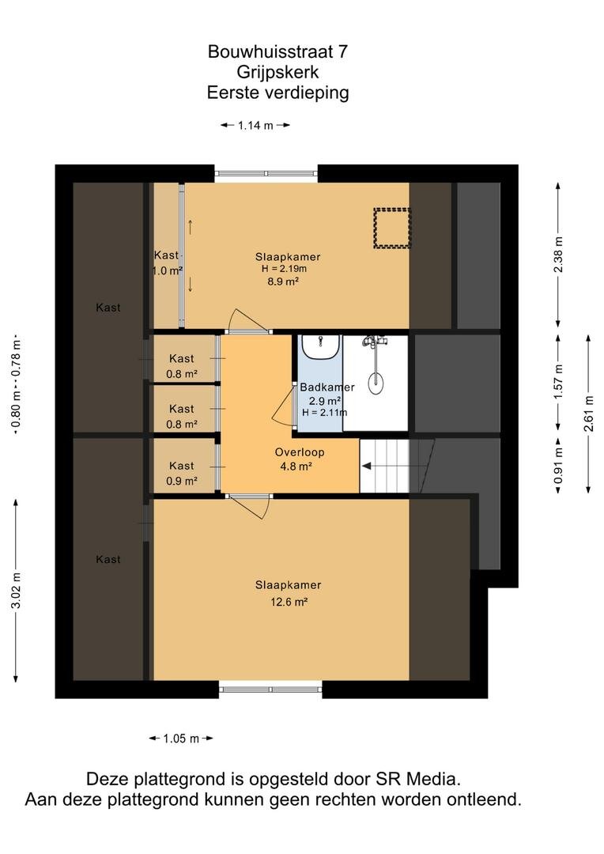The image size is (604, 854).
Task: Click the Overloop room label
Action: point(300,452)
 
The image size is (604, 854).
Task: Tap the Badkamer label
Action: point(327,387)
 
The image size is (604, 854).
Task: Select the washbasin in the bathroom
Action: point(321,347)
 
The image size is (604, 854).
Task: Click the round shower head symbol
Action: point(376,383)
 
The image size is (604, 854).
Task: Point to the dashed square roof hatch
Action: point(391,229)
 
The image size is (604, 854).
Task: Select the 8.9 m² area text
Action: point(283,282)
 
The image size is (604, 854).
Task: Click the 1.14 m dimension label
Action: point(255,125)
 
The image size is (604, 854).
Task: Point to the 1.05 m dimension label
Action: point(181,739)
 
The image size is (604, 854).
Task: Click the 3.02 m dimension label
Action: point(17,591)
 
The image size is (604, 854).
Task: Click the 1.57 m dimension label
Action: point(558,381)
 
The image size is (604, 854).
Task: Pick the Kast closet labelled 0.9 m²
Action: point(182,466)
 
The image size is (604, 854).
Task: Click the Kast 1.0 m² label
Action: point(167,263)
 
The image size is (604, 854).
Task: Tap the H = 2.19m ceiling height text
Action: point(284,269)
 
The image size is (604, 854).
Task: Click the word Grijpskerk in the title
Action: point(277,73)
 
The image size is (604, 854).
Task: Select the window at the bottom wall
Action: point(270,689)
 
